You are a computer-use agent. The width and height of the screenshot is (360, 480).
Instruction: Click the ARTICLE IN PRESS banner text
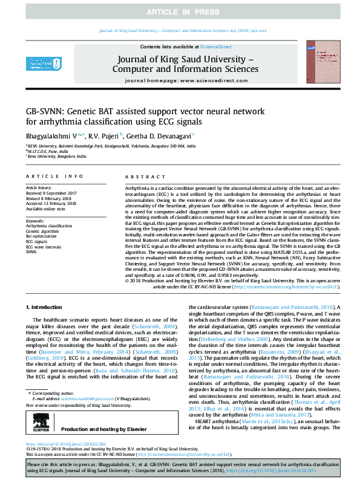pos(180,12)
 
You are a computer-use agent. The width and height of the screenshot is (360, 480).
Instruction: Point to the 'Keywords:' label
pos(35,221)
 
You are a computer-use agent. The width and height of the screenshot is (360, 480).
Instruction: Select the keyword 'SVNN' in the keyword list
pos(31,251)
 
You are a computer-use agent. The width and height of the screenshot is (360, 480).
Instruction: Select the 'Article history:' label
pos(38,188)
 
